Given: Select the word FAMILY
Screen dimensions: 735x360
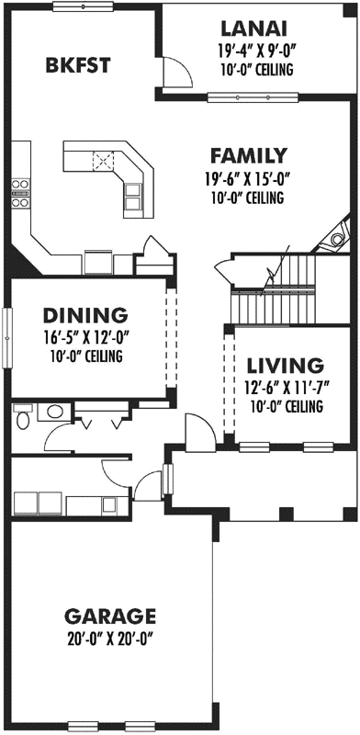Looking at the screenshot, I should click(248, 156).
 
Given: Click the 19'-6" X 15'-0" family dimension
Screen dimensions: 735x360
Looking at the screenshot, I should click(248, 179).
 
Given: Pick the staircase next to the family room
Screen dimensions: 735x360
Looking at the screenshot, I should click(275, 288).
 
